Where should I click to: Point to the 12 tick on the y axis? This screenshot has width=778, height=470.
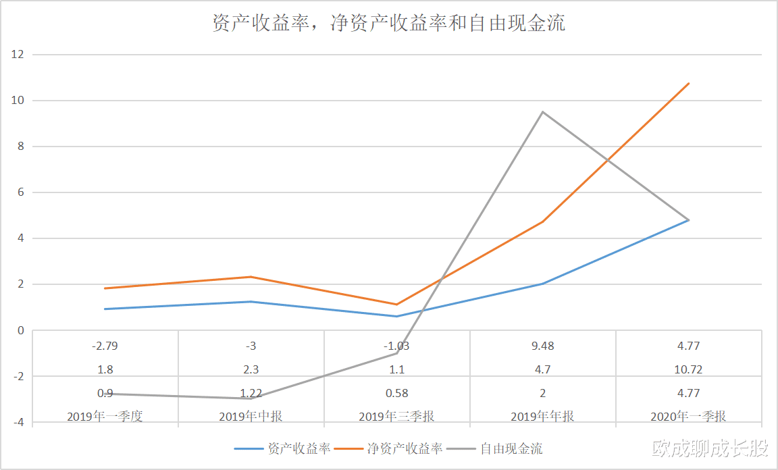18,55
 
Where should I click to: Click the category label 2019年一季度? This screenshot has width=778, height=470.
105,416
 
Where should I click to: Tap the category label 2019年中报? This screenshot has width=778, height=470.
251,416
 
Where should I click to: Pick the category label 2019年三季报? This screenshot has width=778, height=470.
396,416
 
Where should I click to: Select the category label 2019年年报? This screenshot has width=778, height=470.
542,416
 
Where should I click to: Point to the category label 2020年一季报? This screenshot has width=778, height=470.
688,416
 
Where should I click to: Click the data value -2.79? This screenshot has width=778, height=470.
105,346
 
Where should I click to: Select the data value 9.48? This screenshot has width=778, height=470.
542,346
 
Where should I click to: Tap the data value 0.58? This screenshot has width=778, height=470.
396,393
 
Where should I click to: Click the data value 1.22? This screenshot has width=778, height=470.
251,393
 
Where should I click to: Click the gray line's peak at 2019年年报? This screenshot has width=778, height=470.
542,112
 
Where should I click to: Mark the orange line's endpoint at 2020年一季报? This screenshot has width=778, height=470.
688,84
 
